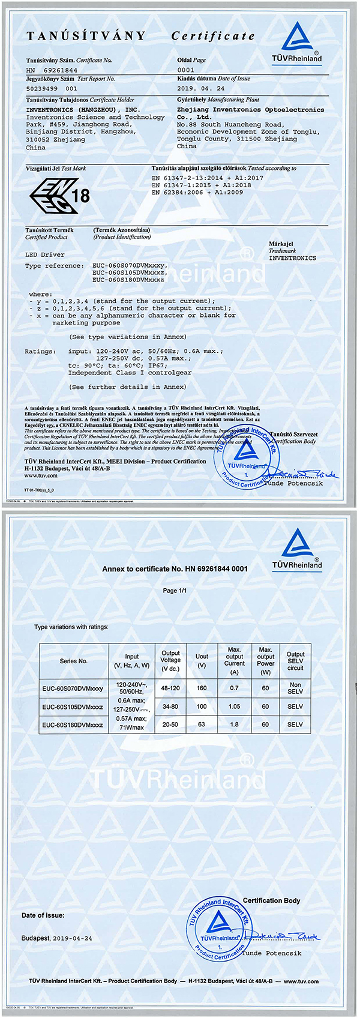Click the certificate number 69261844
point(61,70)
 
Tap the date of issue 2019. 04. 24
point(201,89)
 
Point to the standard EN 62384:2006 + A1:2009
point(197,193)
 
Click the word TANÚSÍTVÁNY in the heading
point(86,36)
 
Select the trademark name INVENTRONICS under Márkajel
point(292,258)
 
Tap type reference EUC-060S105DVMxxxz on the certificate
point(129,273)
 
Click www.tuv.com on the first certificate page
point(41,476)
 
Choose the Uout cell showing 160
point(202,688)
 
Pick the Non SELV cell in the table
point(295,688)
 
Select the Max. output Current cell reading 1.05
point(234,706)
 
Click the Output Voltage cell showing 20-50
point(170,724)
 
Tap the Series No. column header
point(74,661)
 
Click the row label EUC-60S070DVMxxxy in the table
point(73,688)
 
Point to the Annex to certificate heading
point(175,568)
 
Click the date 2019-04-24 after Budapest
point(73,938)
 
